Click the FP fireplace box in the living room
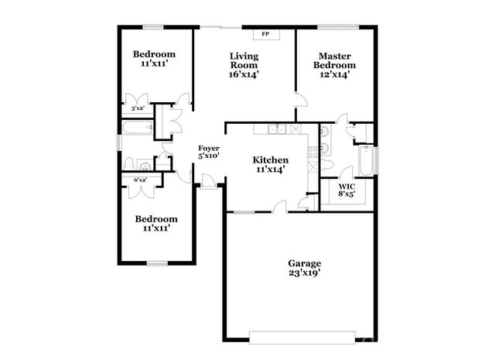[x=265, y=34]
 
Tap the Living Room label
[x=244, y=65]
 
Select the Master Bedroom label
[x=334, y=65]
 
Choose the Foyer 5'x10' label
[x=209, y=151]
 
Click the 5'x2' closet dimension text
[x=137, y=109]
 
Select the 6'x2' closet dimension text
[x=141, y=180]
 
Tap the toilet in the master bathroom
[x=329, y=165]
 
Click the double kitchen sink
[x=277, y=129]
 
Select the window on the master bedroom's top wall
[x=337, y=27]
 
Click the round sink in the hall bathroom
[x=144, y=164]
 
